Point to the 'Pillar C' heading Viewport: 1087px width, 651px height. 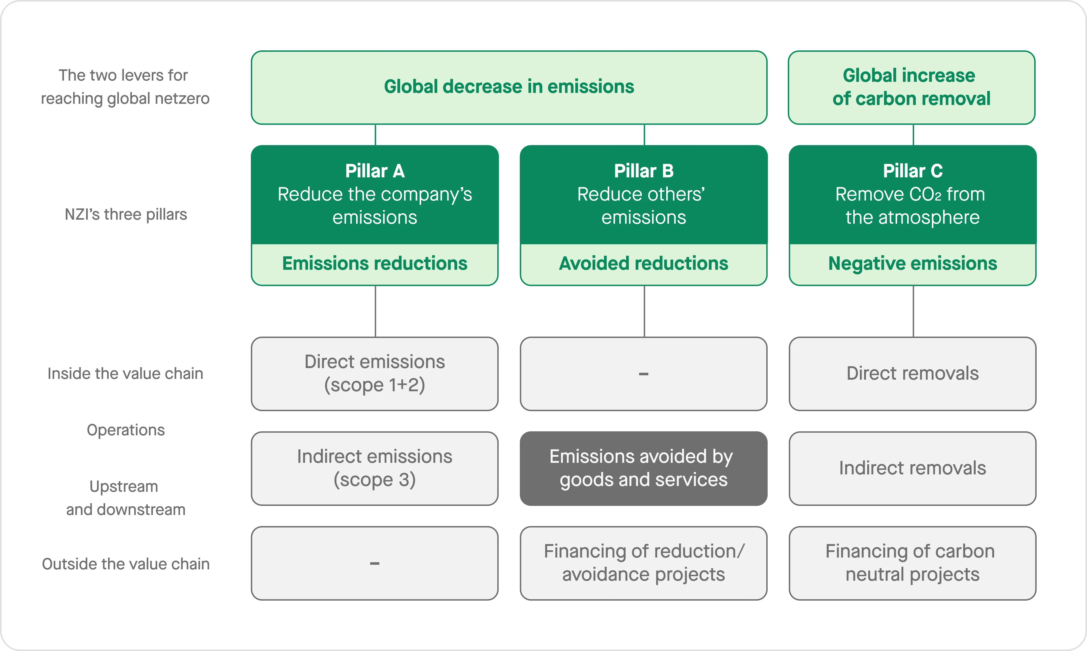(912, 171)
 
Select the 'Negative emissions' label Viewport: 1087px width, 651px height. (912, 264)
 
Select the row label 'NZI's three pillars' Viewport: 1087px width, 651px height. (126, 214)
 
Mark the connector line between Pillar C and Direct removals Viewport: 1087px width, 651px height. (913, 311)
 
